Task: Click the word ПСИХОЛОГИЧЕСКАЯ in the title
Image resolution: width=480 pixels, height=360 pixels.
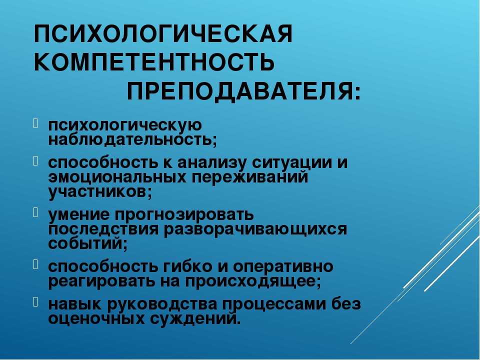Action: pos(163,34)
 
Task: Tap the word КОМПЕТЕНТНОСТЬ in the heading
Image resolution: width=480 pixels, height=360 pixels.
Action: pos(154,62)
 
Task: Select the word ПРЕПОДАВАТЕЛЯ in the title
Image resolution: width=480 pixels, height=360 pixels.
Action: pos(239,92)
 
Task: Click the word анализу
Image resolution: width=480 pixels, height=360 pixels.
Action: pos(212,163)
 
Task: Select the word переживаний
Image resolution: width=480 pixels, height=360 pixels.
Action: pos(250,177)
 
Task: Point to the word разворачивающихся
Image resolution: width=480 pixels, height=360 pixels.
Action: pos(255,230)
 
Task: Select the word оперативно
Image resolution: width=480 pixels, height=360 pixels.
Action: pos(283,267)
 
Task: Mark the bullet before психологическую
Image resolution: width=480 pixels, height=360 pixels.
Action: pos(35,123)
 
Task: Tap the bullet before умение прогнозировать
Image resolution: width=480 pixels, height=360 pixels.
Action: pos(35,212)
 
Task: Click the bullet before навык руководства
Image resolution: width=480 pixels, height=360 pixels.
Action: pos(35,302)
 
